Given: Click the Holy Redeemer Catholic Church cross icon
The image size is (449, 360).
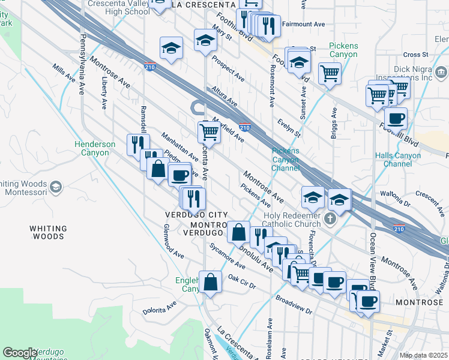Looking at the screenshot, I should point(330,219).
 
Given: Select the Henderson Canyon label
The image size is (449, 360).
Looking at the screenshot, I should point(95,148).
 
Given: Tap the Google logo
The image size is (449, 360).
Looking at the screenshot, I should point(20,353).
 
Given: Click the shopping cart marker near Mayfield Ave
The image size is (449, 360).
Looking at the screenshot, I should point(209,131).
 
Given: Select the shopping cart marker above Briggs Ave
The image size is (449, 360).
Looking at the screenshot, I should point(330,74).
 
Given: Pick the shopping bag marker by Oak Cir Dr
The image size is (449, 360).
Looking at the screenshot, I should point(211,281).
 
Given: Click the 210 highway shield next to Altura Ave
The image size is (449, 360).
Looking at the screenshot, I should point(244,127).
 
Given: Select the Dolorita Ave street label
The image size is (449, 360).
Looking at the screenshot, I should point(159,308).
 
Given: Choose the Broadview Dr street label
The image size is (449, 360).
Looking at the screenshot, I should point(294,304).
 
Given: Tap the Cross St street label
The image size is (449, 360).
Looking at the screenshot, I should point(415,54).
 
